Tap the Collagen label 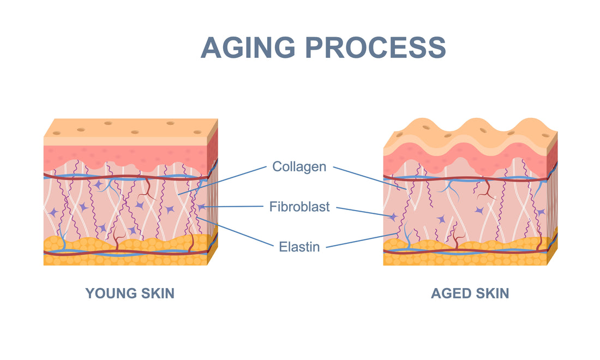pos(299,166)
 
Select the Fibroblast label pos(299,207)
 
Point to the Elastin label pos(299,247)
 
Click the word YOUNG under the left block pos(109,293)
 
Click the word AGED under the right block pos(450,293)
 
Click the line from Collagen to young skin pos(224,180)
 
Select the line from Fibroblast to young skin pos(235,207)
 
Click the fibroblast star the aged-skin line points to pos(392,217)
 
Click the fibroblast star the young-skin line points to pos(202,207)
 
